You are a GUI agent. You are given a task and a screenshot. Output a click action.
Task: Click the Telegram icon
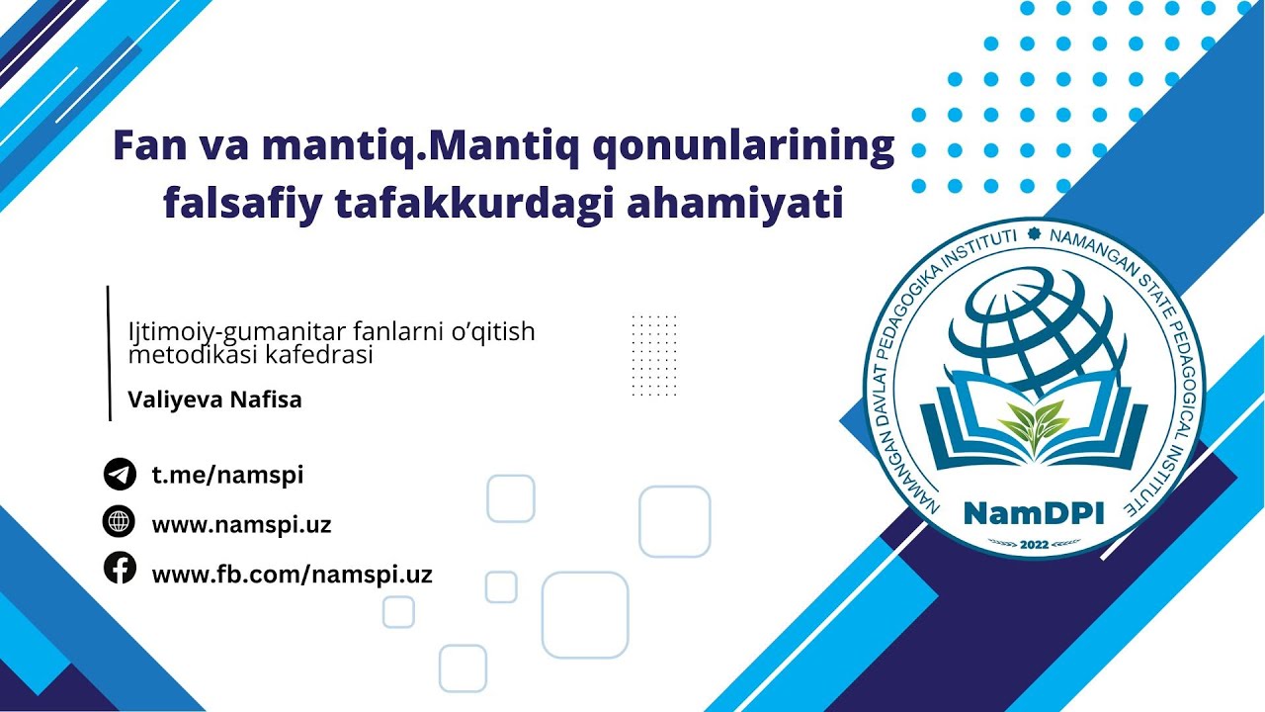click(x=120, y=475)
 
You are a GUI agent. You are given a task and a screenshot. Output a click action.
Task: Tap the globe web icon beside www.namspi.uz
click(x=120, y=521)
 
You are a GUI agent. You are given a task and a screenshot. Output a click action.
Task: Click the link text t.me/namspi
click(x=227, y=475)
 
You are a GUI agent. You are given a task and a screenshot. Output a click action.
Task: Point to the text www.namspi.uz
click(x=241, y=525)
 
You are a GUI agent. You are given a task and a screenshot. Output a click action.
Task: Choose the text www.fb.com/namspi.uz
click(x=292, y=575)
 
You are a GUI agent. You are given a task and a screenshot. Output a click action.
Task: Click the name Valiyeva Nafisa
click(x=214, y=400)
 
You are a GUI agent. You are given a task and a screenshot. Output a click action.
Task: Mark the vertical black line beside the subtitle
click(x=109, y=353)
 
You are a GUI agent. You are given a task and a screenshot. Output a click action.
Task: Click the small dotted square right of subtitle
click(x=654, y=355)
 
